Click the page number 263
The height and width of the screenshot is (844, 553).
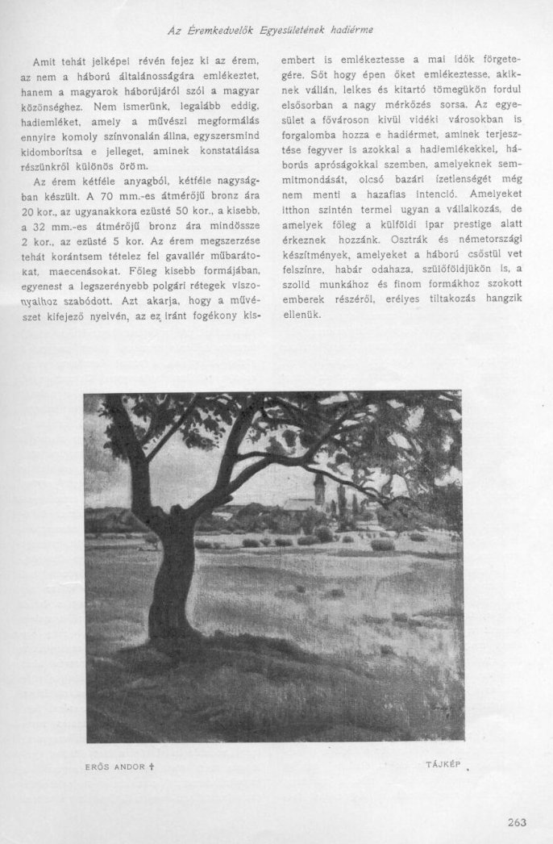click(x=517, y=823)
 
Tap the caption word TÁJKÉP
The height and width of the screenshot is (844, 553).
click(x=443, y=763)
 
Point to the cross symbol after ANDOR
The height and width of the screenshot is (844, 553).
click(x=151, y=765)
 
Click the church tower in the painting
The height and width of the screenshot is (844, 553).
click(x=319, y=490)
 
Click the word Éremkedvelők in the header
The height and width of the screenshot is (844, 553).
click(x=222, y=31)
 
